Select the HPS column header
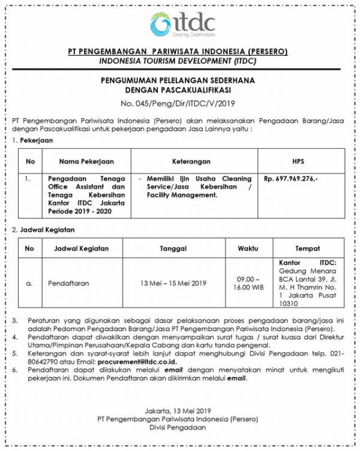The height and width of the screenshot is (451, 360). coord(298,161)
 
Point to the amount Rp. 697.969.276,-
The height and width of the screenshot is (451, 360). coord(292,178)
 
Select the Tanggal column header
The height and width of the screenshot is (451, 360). coord(173,247)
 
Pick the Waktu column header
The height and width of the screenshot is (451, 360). coord(247,247)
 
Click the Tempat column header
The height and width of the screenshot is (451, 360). coord(307,247)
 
